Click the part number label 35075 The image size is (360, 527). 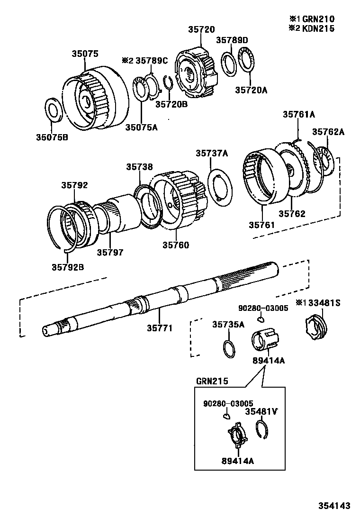85,54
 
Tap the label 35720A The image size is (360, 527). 251,89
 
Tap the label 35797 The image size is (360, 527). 110,253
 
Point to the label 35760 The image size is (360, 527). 176,245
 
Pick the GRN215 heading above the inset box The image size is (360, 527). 212,381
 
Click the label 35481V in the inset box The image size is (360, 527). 261,411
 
